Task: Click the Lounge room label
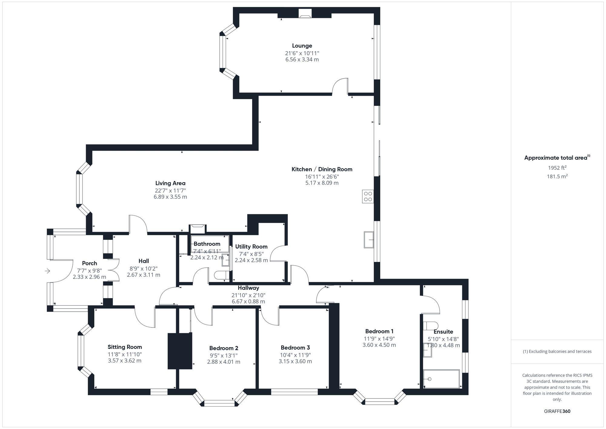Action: point(302,46)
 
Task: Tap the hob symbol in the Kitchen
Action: point(368,196)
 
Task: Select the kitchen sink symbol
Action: point(369,240)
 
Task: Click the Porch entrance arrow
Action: point(48,271)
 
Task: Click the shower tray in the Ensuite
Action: point(441,379)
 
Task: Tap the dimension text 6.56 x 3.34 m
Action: point(302,60)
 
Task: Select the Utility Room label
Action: point(251,246)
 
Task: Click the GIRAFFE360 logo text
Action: point(557,411)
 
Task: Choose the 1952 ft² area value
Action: point(557,168)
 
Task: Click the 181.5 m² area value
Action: point(557,176)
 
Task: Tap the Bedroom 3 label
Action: point(295,347)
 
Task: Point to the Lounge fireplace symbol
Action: point(305,13)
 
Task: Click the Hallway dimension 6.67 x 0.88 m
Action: point(248,301)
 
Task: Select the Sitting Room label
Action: point(125,347)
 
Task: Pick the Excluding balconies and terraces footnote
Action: point(557,351)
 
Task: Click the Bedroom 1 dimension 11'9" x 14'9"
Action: point(379,339)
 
